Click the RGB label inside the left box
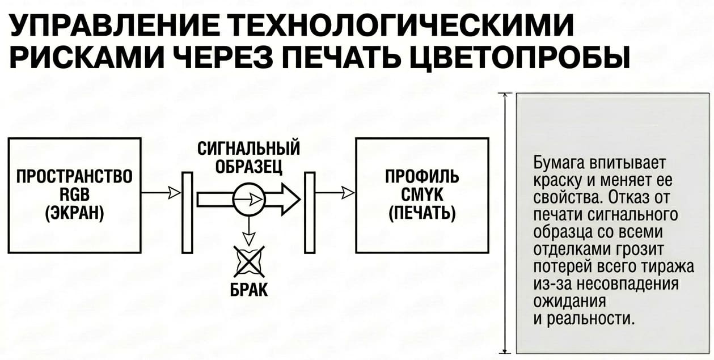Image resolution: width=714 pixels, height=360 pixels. click(75, 194)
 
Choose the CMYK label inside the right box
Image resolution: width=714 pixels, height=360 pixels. click(422, 194)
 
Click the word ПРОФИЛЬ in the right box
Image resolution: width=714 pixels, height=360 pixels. click(422, 176)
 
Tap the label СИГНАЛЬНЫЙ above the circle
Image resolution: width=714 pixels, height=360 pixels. click(248, 148)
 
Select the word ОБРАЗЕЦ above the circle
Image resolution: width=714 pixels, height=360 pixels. click(248, 166)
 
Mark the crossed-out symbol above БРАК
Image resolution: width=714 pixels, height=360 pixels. click(249, 261)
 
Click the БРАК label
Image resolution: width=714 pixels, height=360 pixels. click(249, 289)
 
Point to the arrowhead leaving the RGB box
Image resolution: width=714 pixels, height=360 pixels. click(174, 192)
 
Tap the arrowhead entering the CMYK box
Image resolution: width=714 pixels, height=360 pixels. click(348, 192)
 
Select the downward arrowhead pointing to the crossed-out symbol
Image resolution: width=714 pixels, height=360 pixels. click(249, 238)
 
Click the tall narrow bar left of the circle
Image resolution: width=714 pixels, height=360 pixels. click(187, 213)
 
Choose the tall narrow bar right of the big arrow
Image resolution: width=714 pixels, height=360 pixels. click(310, 213)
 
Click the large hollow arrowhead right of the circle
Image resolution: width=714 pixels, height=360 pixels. click(290, 200)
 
